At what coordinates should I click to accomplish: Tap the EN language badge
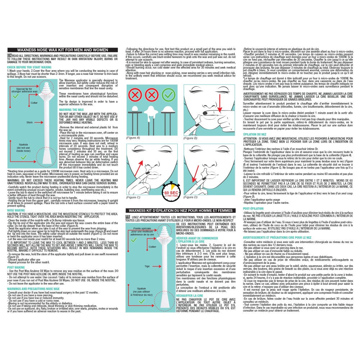pos(10,56)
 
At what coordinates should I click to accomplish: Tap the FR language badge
pos(128,217)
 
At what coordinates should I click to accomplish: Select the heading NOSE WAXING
pos(16,210)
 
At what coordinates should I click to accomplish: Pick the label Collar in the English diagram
pos(34,103)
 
